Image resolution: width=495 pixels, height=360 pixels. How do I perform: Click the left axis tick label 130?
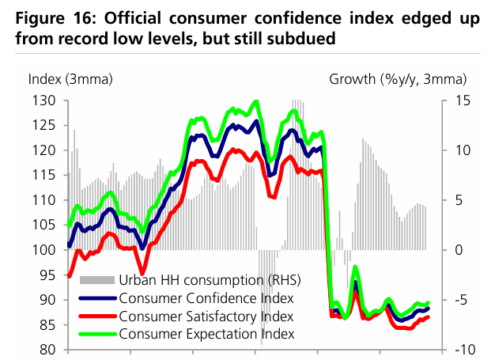42,100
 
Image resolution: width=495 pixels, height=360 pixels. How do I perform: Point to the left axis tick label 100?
42,250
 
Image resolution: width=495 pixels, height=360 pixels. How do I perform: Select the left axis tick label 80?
45,350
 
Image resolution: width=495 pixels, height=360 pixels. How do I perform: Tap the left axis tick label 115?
42,175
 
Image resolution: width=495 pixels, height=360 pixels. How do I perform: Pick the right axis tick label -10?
466,350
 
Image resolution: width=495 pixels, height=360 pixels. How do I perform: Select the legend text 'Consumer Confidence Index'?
206,299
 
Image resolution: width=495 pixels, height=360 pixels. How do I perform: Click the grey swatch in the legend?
98,281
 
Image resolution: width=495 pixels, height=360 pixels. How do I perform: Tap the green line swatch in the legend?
98,335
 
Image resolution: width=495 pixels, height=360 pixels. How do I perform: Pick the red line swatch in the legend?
98,317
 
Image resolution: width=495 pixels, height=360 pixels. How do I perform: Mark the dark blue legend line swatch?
98,300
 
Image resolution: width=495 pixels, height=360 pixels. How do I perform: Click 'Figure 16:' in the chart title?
50,18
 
